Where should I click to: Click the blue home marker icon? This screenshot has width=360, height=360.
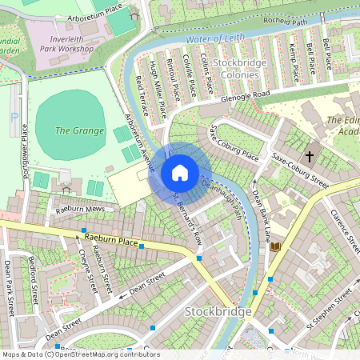180,173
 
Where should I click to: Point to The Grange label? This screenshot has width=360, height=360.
79,130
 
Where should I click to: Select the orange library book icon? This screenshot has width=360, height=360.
276,247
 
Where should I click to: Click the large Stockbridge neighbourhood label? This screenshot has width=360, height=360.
218,310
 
